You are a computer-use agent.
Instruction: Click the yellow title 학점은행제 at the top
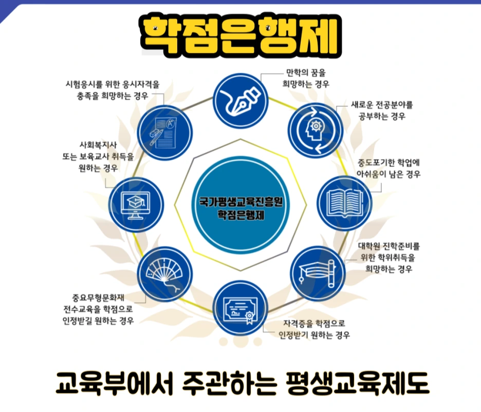(x=240, y=32)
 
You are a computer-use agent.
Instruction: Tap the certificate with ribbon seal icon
(x=240, y=307)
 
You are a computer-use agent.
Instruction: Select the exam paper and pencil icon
(x=164, y=131)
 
